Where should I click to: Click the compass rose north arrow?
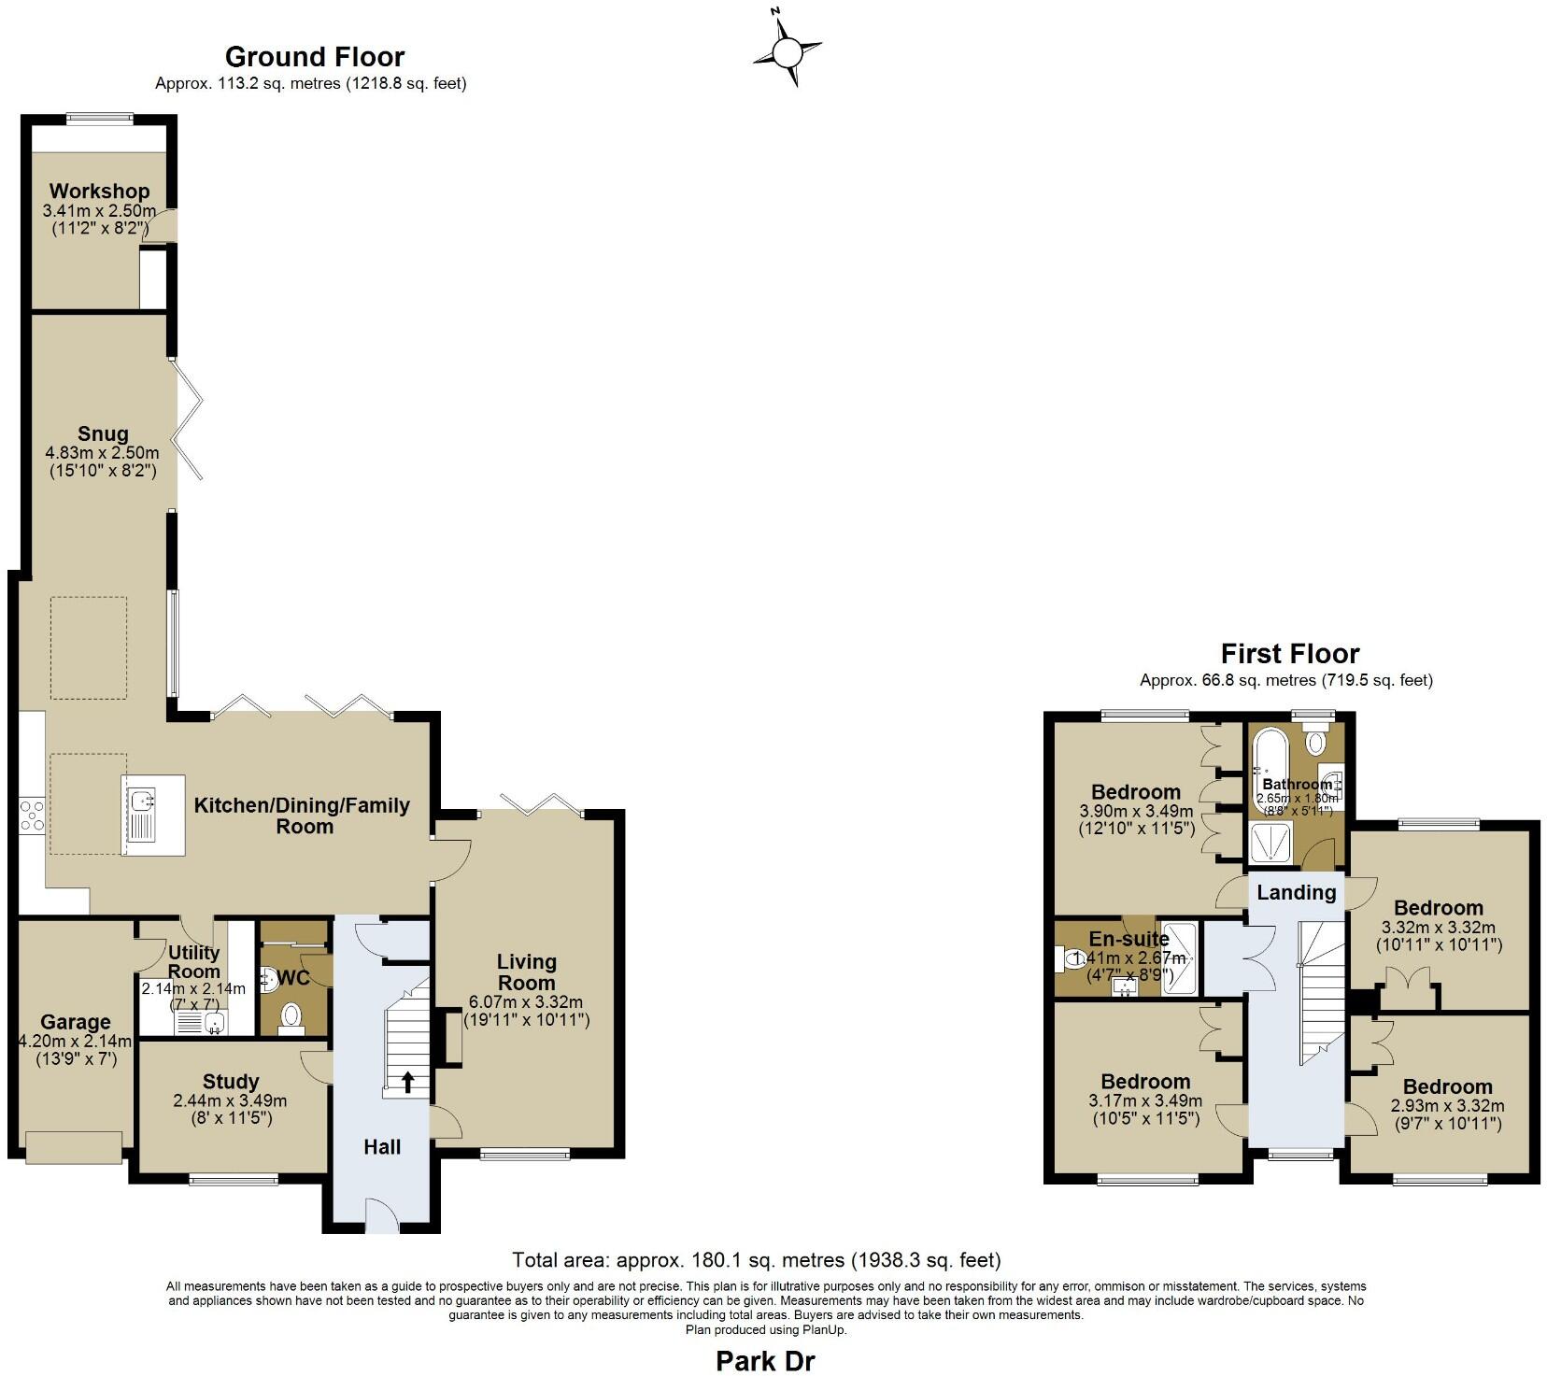click(788, 50)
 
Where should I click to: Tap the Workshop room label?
click(99, 191)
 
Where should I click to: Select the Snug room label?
click(103, 433)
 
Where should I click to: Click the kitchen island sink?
click(143, 801)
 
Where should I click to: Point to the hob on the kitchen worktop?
click(31, 816)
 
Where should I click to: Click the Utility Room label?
click(193, 961)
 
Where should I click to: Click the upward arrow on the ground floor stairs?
click(408, 1082)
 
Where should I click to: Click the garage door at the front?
click(74, 1146)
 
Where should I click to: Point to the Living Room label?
click(526, 972)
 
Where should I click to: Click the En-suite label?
click(1128, 939)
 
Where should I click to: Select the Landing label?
click(1296, 892)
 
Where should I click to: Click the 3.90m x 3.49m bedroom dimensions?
click(1136, 811)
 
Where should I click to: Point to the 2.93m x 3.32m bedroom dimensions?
click(1447, 1106)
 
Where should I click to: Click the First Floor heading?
click(1289, 653)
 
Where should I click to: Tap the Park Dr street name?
click(764, 1361)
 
